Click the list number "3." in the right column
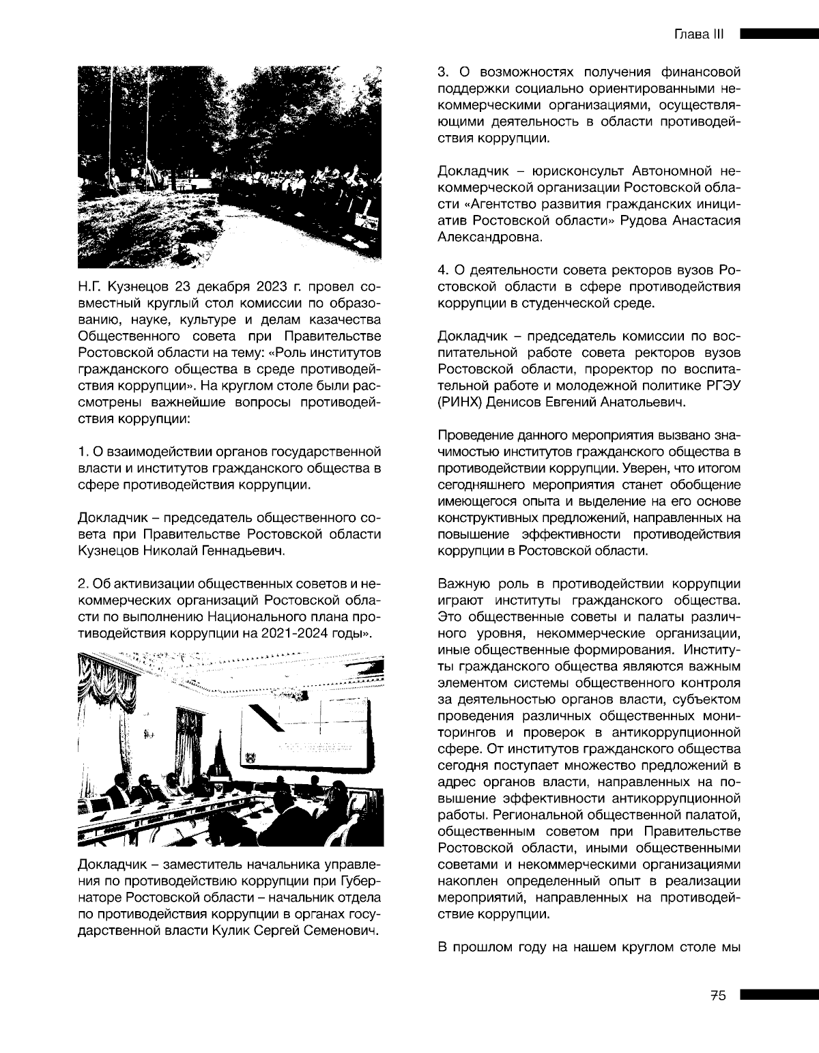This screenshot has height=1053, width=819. [x=442, y=71]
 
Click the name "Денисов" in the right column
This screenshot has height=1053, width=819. [x=517, y=403]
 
